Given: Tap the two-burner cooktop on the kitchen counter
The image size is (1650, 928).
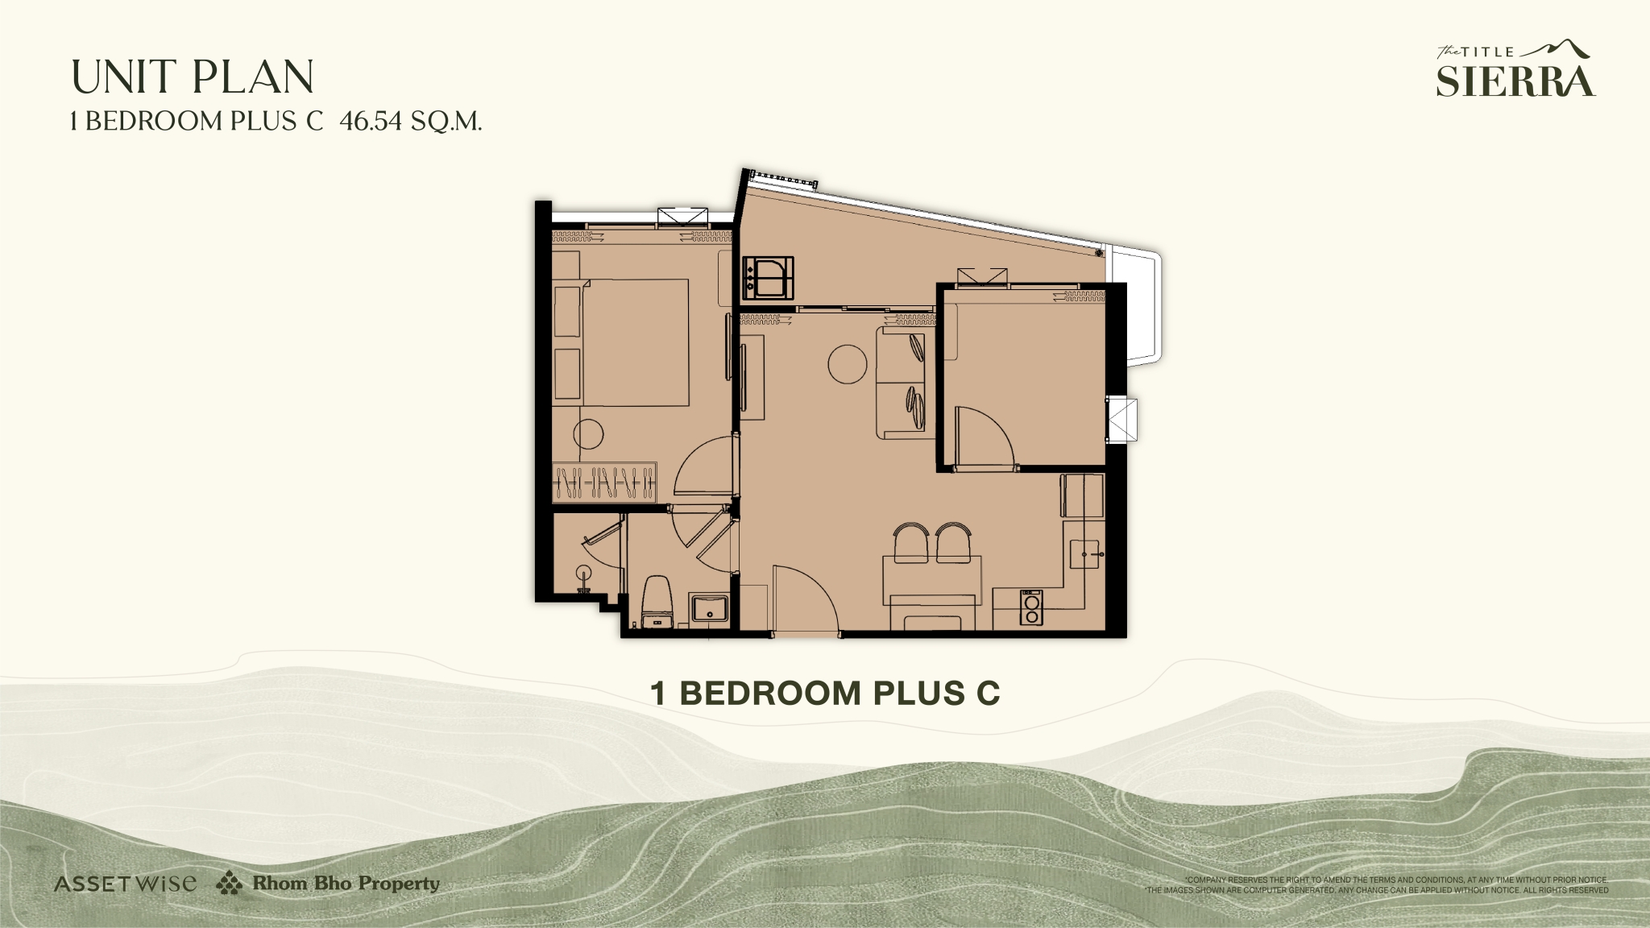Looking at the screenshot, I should [x=1030, y=607].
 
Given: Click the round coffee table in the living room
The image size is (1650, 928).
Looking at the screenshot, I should [x=848, y=364].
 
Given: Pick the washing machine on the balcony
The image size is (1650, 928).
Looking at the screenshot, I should [x=769, y=278].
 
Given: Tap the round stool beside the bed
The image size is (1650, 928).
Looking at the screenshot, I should [x=588, y=434].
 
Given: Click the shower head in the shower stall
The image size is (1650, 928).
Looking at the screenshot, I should [x=584, y=574].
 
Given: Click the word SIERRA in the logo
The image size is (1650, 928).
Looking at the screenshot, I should [x=1515, y=81].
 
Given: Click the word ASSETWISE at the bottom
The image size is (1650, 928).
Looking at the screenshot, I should [x=125, y=884].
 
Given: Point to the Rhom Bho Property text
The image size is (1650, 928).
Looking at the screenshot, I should [x=346, y=884].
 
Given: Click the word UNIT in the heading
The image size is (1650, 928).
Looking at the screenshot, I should [x=125, y=77].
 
